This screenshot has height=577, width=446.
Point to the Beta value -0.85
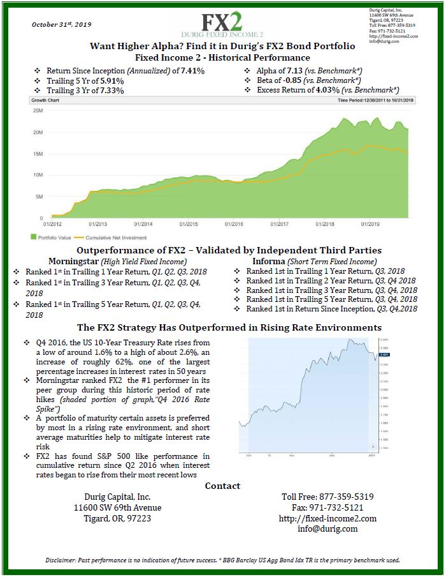tap(294, 80)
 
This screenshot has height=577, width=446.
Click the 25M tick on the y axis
tap(38, 110)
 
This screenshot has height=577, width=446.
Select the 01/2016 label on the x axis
tap(234, 224)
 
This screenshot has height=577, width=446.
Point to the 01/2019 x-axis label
tap(370, 224)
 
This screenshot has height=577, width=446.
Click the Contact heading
tap(222, 486)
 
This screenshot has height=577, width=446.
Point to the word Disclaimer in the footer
tap(61, 560)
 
